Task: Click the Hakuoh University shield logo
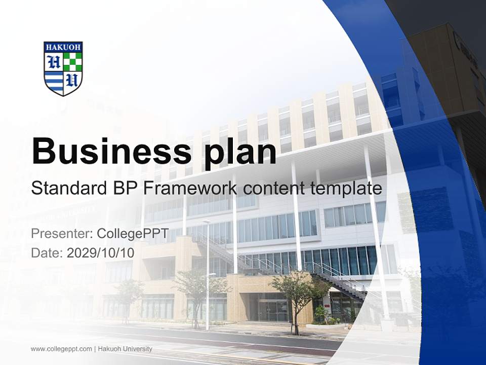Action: (63, 68)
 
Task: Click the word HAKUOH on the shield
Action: (63, 47)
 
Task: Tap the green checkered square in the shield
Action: (72, 61)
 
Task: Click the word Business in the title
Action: (107, 151)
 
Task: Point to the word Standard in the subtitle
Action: (63, 189)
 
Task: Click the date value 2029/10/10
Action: (100, 252)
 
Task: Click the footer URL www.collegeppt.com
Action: (61, 349)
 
